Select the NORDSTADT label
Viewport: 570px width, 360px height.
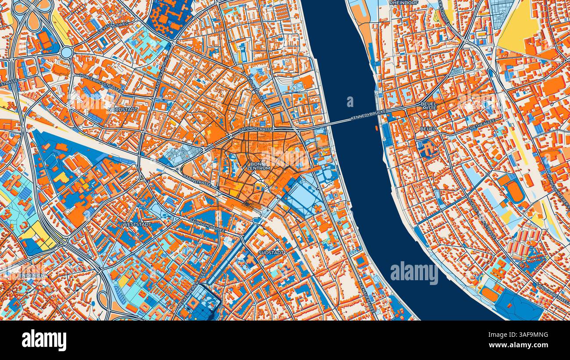pyautogui.click(x=123, y=109)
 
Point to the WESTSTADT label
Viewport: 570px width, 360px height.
pyautogui.click(x=136, y=225)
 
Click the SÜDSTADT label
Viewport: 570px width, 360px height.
pyautogui.click(x=271, y=253)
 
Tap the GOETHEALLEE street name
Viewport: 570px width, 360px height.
pyautogui.click(x=481, y=124)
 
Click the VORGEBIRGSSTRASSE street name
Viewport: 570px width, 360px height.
pyautogui.click(x=100, y=82)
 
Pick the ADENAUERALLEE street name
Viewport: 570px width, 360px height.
pyautogui.click(x=367, y=296)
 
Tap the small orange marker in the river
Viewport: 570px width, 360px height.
pyautogui.click(x=376, y=128)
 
